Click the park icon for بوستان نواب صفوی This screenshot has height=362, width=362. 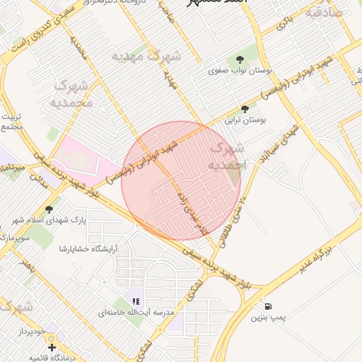[x=237, y=58]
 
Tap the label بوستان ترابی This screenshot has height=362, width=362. [x=245, y=121]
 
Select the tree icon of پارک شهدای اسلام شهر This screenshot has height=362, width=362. [x=49, y=209]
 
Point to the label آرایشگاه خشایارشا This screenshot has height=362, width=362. [x=88, y=248]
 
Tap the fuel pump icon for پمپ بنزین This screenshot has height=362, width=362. [x=269, y=306]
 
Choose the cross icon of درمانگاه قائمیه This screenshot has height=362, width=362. [x=52, y=347]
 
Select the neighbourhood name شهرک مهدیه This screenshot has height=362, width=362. [x=146, y=54]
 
